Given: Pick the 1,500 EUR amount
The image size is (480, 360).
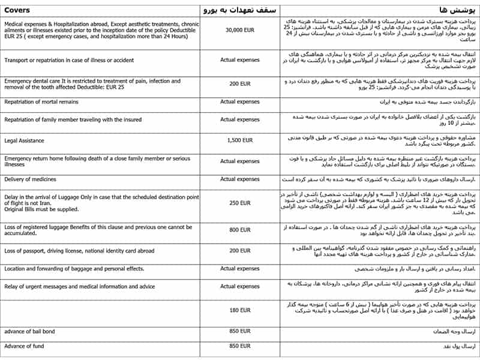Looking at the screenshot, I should pyautogui.click(x=239, y=140).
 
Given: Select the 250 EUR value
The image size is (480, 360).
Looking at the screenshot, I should pyautogui.click(x=239, y=203).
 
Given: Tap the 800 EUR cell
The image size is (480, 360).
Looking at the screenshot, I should pyautogui.click(x=239, y=230).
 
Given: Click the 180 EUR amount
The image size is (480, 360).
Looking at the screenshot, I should pyautogui.click(x=239, y=310).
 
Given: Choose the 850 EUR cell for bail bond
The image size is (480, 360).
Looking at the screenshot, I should pyautogui.click(x=239, y=331).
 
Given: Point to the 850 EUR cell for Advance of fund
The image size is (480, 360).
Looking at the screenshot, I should pyautogui.click(x=239, y=346).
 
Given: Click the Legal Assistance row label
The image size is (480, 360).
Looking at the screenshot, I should pyautogui.click(x=25, y=140).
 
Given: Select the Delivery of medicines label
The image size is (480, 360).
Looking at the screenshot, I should pyautogui.click(x=30, y=179).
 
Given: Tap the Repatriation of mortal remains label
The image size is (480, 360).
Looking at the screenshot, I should pyautogui.click(x=41, y=102).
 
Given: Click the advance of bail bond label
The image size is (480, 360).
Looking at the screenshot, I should pyautogui.click(x=29, y=331).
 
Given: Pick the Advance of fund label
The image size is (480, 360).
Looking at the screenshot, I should pyautogui.click(x=23, y=346).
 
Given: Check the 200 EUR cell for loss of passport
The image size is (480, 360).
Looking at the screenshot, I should pyautogui.click(x=239, y=250).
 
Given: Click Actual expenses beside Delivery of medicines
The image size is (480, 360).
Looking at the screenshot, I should pyautogui.click(x=239, y=179).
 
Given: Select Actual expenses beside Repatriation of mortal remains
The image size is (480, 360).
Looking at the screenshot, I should pyautogui.click(x=239, y=102).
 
